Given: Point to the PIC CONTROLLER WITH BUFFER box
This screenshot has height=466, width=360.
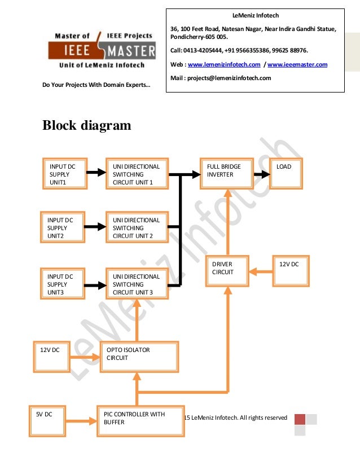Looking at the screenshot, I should (141, 421).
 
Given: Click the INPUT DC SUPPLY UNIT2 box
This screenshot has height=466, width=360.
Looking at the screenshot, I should (62, 227).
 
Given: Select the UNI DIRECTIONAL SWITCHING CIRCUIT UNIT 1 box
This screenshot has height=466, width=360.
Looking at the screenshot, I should (137, 173).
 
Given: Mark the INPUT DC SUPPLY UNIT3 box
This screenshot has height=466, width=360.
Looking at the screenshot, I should (63, 283).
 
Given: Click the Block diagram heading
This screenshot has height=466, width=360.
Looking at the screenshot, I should (87, 125).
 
